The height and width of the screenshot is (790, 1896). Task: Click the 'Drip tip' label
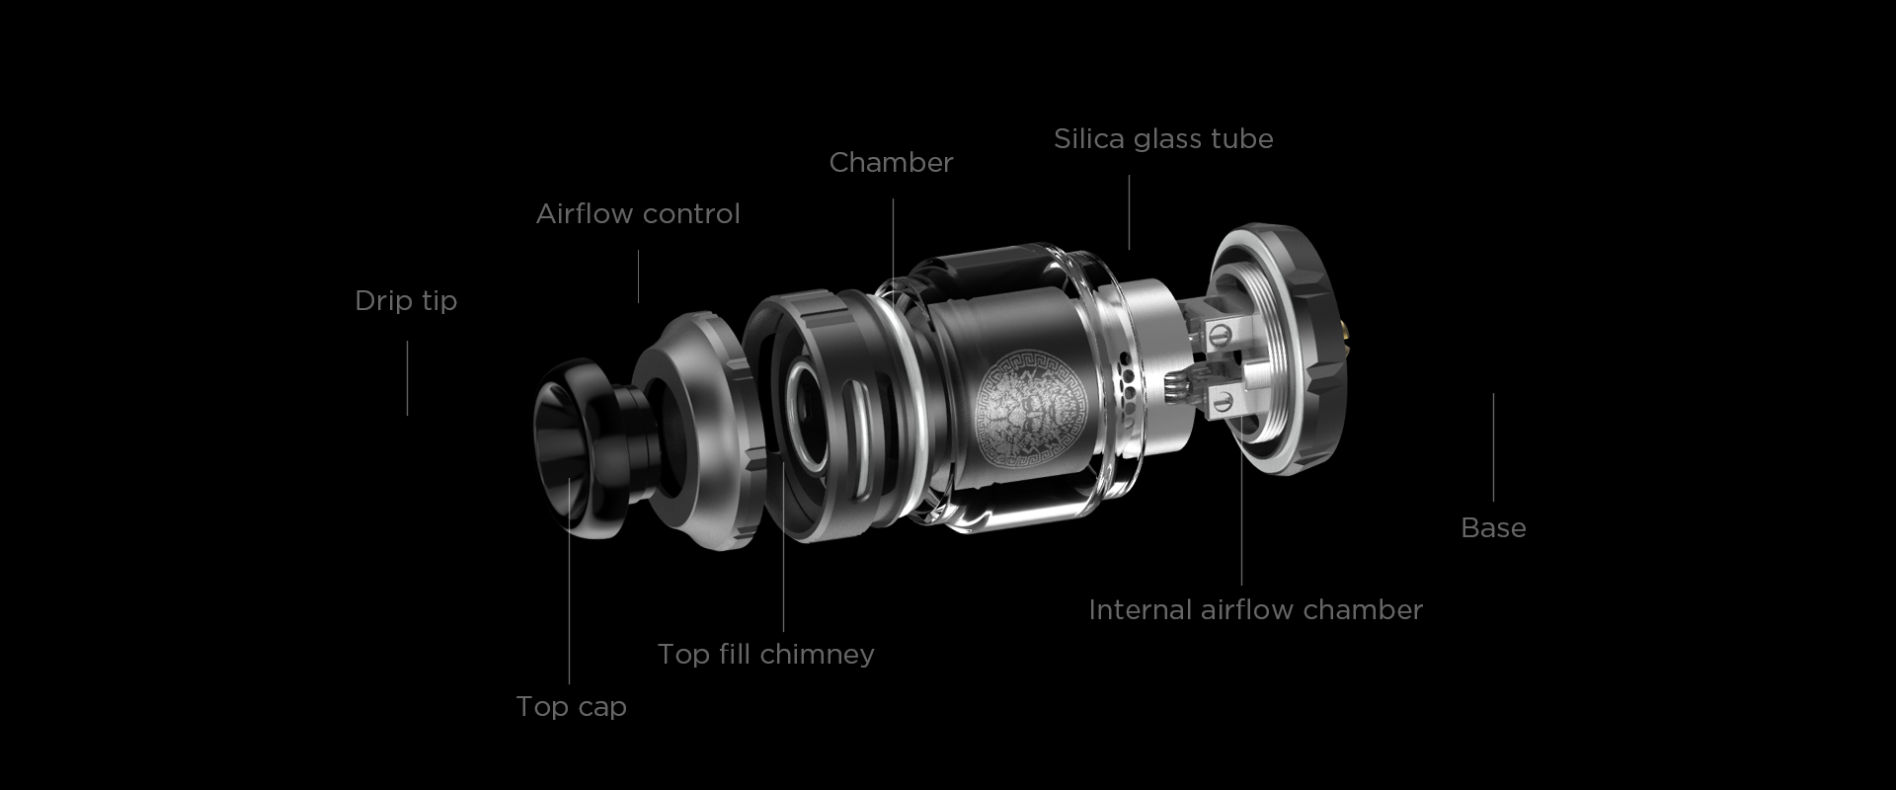(406, 300)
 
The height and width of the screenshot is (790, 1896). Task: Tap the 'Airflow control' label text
(638, 213)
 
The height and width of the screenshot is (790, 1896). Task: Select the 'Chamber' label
(891, 162)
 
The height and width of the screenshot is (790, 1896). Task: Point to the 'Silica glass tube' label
(1163, 138)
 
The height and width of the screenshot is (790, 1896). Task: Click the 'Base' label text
(1493, 527)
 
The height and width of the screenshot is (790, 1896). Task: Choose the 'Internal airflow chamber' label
(1255, 609)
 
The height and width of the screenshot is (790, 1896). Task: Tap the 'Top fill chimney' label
(765, 654)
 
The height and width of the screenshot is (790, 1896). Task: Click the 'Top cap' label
(571, 706)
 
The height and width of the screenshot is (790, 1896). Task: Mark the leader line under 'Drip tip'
(407, 378)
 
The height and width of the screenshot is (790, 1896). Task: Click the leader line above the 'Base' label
(1493, 447)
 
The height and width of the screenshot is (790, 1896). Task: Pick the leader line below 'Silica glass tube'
(1129, 212)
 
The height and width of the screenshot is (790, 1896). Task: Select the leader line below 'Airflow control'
(638, 276)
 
